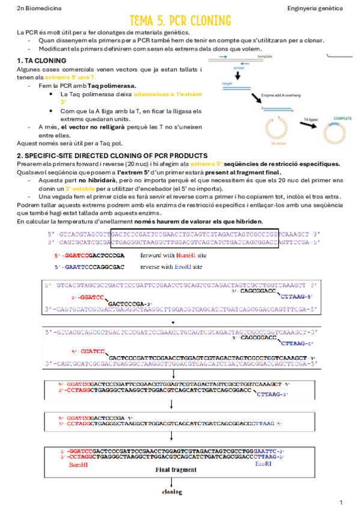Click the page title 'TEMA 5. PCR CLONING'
click(x=180, y=22)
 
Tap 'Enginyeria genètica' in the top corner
click(x=315, y=8)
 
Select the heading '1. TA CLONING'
click(x=41, y=61)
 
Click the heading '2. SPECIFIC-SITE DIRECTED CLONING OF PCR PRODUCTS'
click(x=112, y=156)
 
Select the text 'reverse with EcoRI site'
click(x=171, y=266)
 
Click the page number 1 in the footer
click(x=341, y=502)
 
